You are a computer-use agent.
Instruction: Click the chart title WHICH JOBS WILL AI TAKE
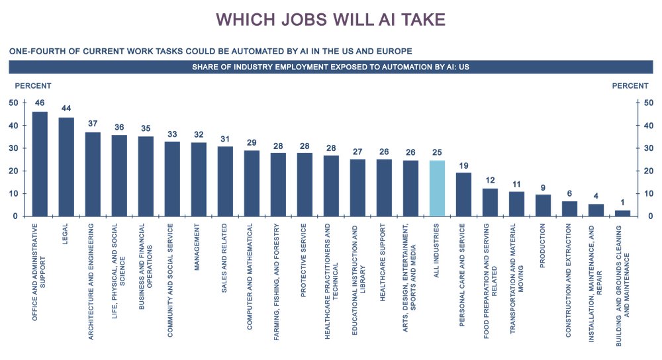pos(330,20)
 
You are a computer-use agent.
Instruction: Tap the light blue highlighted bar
pos(437,188)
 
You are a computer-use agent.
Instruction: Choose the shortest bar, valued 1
pos(622,212)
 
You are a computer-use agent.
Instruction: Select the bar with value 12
pos(490,201)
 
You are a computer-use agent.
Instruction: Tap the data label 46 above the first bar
pos(40,103)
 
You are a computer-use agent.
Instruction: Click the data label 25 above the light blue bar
pos(437,152)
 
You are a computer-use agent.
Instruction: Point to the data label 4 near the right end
pos(596,196)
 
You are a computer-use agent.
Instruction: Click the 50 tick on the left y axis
pos(13,103)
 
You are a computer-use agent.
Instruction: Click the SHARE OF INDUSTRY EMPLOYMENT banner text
pos(330,67)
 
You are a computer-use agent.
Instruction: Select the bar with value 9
pos(543,204)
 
